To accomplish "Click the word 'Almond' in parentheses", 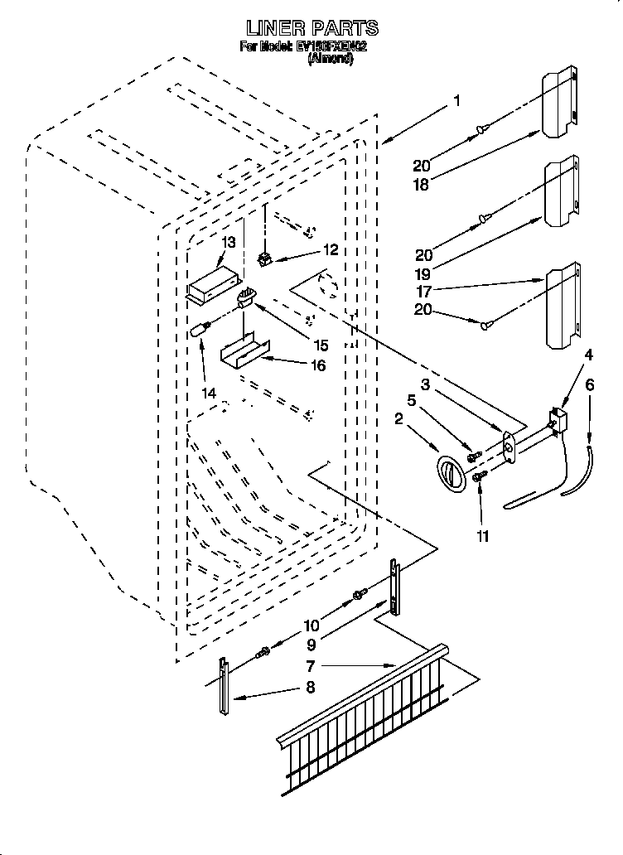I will coord(331,60).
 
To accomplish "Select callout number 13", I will coord(229,243).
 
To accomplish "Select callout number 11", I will coord(482,536).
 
